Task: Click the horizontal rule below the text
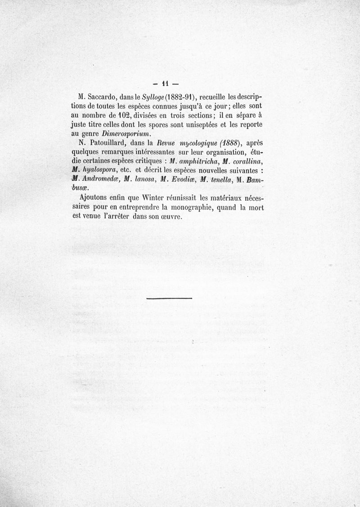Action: click(169, 298)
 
